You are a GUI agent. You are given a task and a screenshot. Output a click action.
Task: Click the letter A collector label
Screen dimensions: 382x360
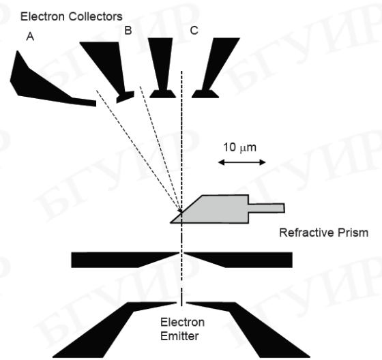[x=30, y=37]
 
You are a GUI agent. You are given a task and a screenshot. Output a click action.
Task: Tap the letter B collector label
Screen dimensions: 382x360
[x=128, y=31]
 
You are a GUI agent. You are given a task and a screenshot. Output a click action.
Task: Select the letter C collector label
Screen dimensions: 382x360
[x=194, y=31]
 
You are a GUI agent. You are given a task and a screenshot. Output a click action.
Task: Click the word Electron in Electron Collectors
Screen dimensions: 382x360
[x=42, y=16]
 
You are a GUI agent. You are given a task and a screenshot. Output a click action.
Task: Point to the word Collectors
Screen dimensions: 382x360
[x=95, y=16]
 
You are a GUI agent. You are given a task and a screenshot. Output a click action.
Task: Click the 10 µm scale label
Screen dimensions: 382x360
[x=239, y=147]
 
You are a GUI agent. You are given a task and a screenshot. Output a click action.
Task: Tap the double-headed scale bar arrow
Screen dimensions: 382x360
[x=241, y=162]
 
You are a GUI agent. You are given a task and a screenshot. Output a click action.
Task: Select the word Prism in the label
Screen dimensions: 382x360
[x=353, y=232]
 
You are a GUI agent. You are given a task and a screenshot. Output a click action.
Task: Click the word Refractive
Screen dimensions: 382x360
[x=306, y=232]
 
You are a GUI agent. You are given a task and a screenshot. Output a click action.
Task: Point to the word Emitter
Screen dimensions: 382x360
[x=179, y=336]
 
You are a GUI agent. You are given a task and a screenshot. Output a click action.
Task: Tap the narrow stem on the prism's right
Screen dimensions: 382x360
[x=266, y=208]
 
